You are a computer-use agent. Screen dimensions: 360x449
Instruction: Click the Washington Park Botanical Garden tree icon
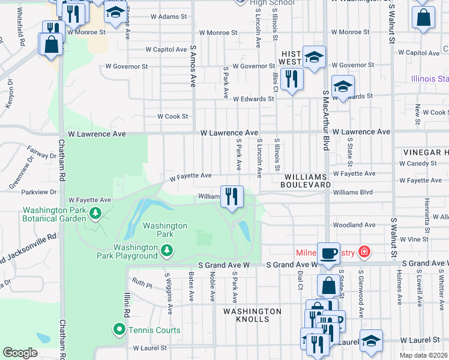click(x=95, y=213)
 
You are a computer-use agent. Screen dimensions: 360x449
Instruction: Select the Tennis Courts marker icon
click(x=119, y=329)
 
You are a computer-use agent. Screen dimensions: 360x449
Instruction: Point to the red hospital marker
click(x=363, y=252)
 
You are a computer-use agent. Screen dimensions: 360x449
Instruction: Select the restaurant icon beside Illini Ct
click(x=292, y=79)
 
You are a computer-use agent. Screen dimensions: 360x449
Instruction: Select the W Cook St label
click(x=173, y=116)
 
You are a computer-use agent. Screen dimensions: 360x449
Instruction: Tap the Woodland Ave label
click(x=354, y=225)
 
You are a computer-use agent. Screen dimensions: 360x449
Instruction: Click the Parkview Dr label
click(x=38, y=193)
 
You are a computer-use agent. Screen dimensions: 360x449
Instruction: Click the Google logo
click(x=20, y=353)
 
